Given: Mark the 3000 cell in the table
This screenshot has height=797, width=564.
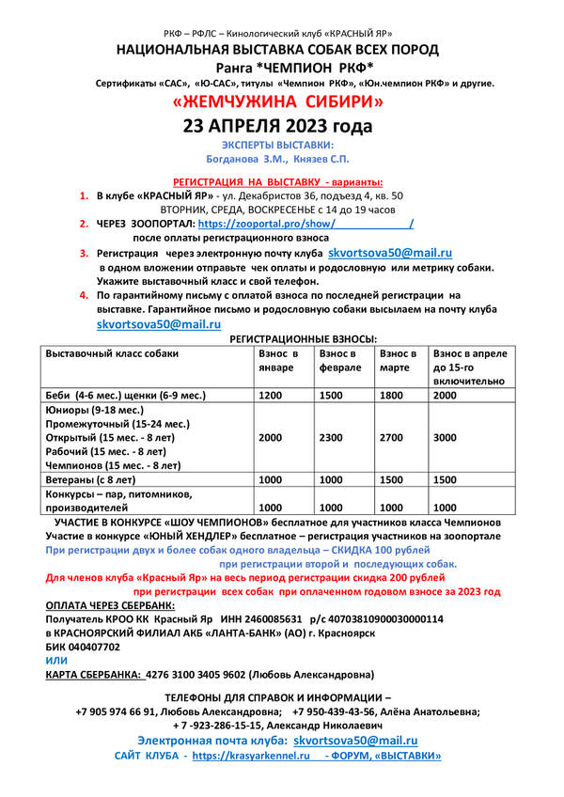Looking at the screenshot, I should pos(447,438).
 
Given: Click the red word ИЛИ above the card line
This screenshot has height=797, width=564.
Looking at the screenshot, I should pos(56,661).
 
